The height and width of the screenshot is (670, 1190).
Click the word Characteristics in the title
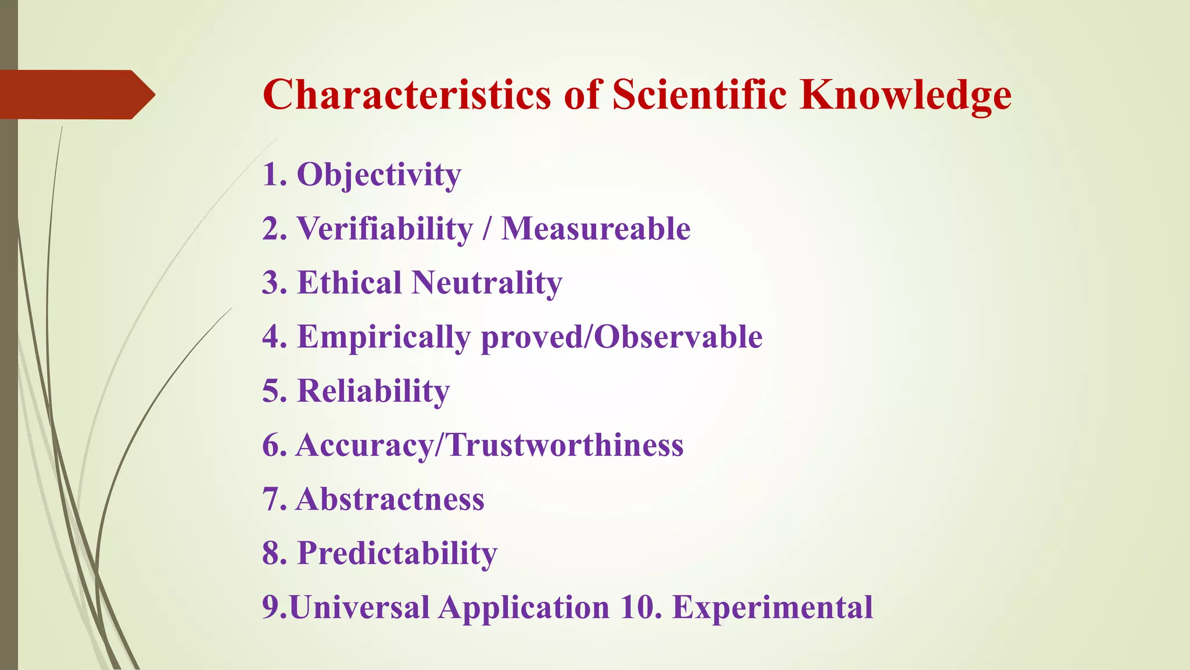click(x=406, y=94)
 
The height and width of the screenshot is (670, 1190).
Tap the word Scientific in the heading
click(x=700, y=94)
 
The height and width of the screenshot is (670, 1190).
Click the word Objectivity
click(x=379, y=174)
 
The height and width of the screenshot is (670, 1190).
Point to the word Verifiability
click(x=385, y=229)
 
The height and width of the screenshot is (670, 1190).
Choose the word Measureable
click(x=596, y=229)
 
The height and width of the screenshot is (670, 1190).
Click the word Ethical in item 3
click(x=349, y=283)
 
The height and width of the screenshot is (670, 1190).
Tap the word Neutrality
click(x=487, y=283)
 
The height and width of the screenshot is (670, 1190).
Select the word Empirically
click(x=383, y=337)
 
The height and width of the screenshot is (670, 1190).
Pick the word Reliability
click(x=374, y=391)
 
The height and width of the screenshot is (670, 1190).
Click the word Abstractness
click(x=390, y=499)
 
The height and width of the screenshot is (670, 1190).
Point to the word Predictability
click(x=397, y=553)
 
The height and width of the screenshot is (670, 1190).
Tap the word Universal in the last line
click(x=359, y=607)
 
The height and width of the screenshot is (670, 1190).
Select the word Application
click(x=524, y=608)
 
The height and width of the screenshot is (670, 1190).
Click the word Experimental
click(x=772, y=607)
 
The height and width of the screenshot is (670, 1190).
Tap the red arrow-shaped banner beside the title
click(x=76, y=94)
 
